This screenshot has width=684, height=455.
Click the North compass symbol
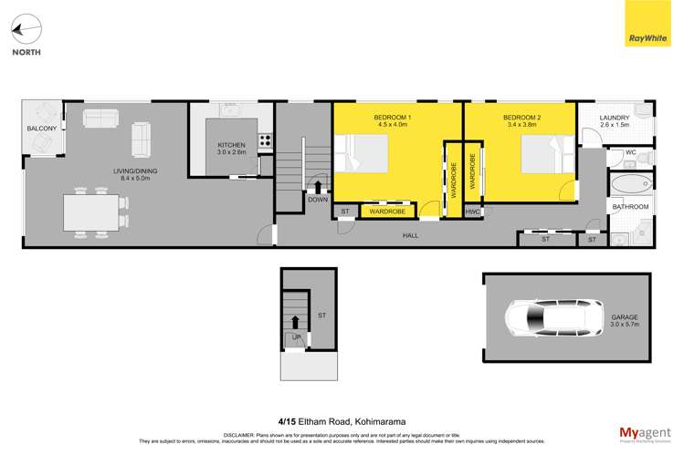(x=26, y=30)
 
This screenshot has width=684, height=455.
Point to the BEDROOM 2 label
(x=521, y=119)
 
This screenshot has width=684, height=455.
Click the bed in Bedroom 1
(x=363, y=153)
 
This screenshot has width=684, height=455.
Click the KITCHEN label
(x=231, y=146)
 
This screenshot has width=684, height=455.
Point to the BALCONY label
(x=42, y=129)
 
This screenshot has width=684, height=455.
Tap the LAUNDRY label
(x=615, y=119)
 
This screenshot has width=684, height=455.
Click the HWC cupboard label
(x=472, y=212)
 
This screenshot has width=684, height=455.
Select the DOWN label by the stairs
(x=318, y=200)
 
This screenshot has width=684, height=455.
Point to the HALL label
(x=411, y=235)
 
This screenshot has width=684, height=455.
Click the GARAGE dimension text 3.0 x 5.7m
(x=625, y=325)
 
